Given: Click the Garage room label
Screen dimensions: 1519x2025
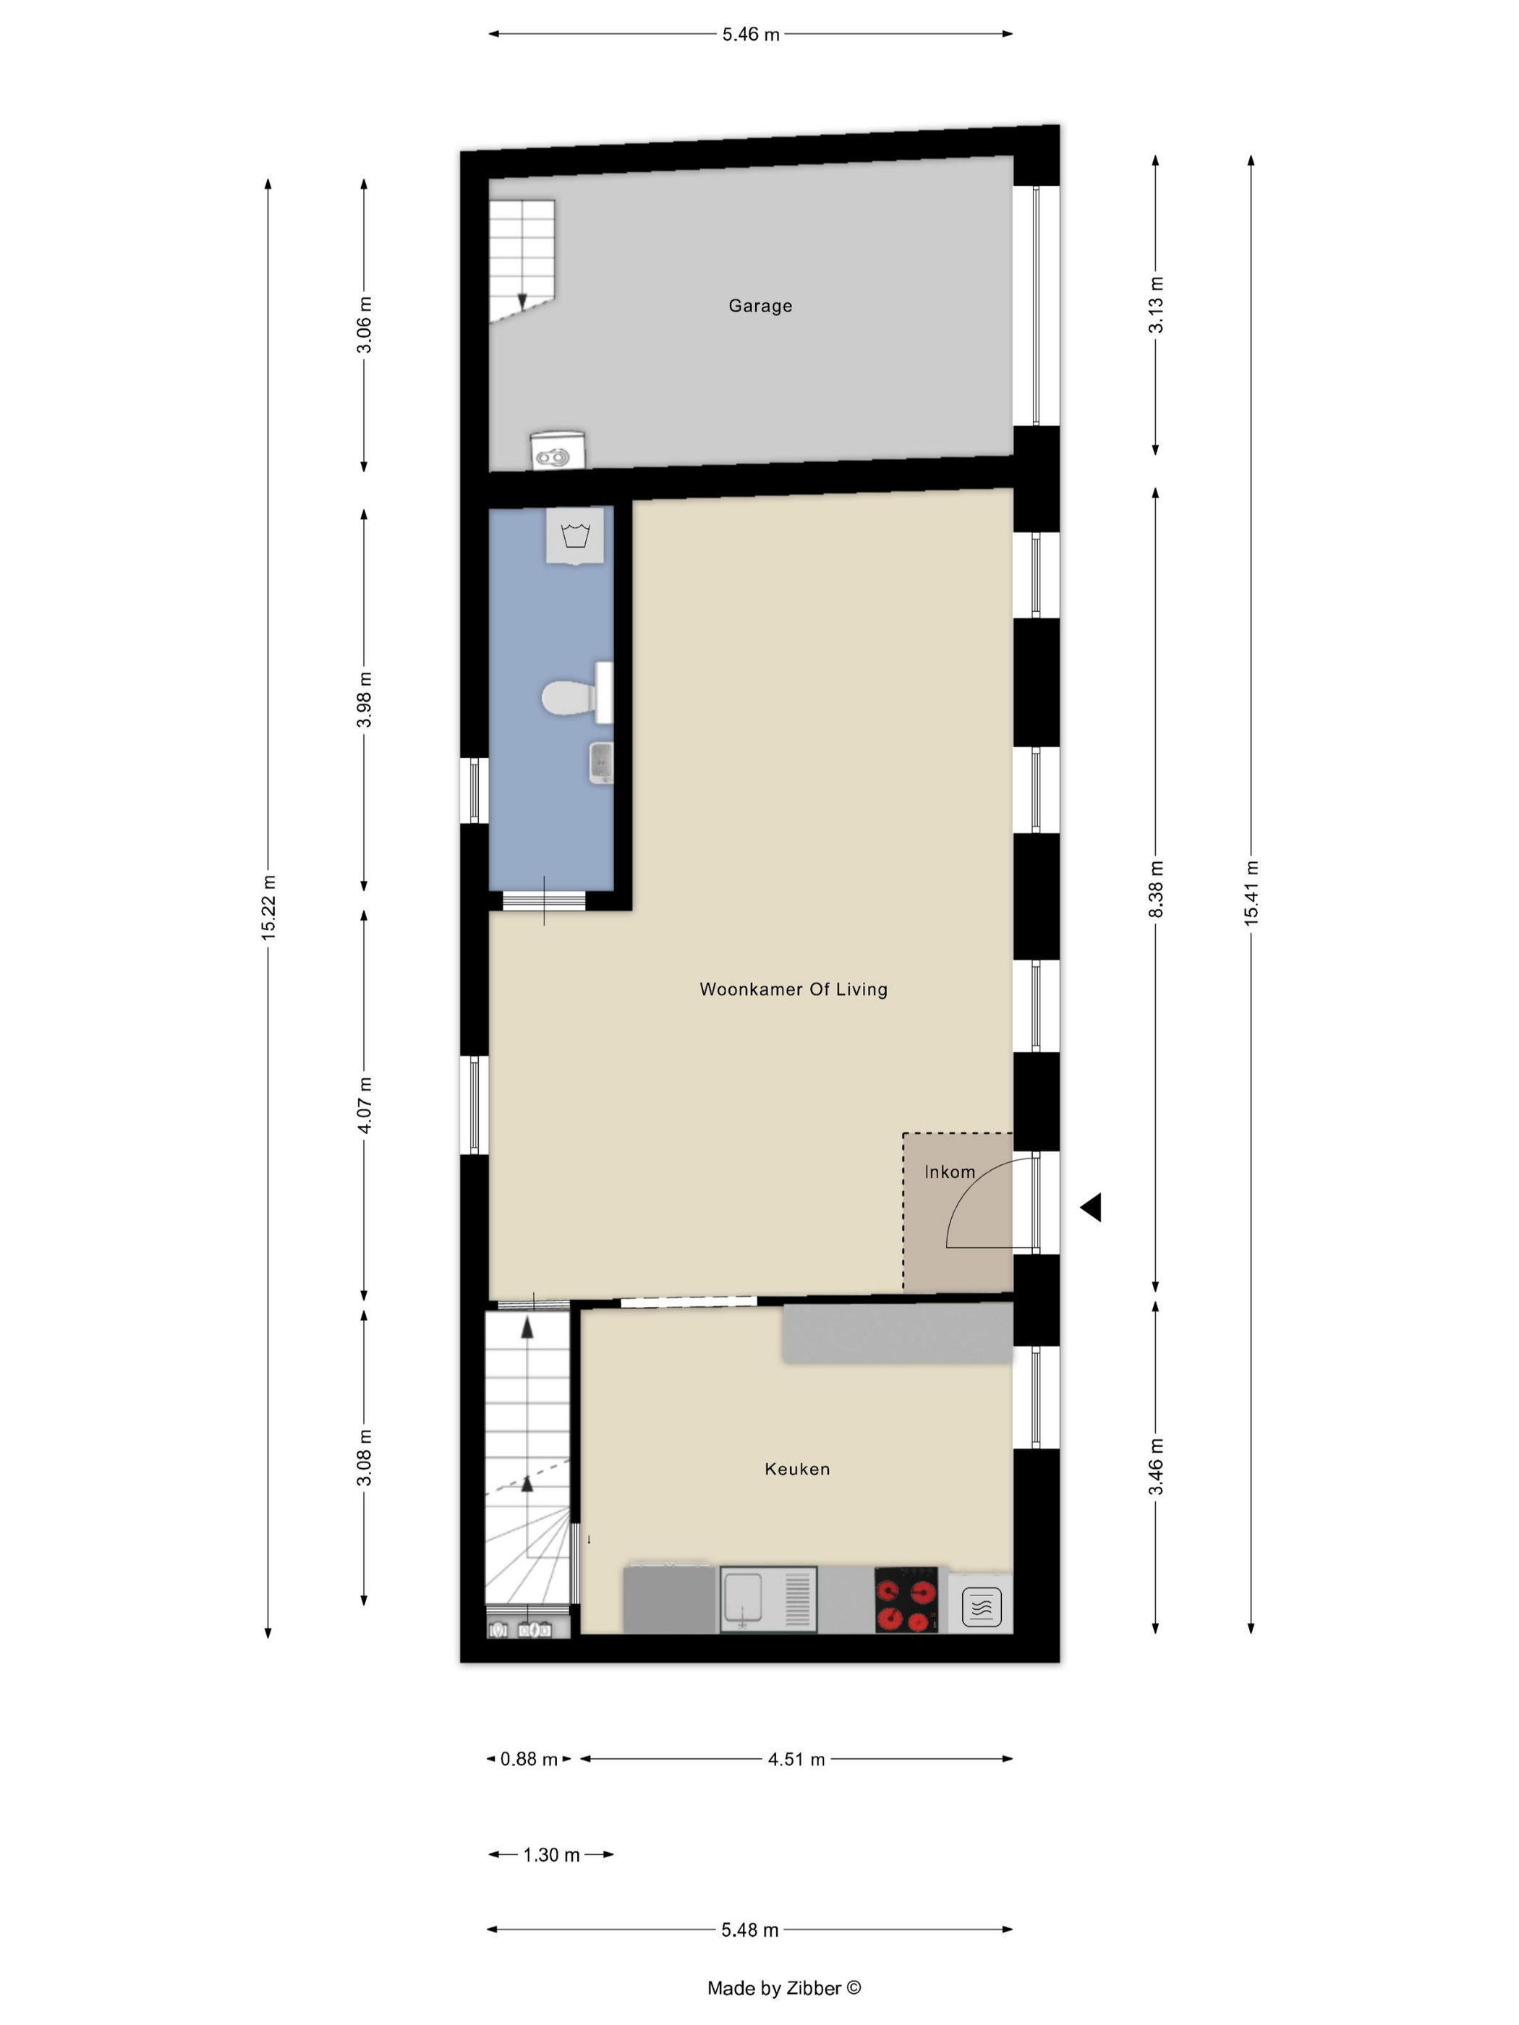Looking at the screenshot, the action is (760, 306).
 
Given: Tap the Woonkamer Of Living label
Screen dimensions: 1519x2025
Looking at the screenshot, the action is (793, 989).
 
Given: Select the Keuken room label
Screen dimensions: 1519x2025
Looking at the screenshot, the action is (796, 1470).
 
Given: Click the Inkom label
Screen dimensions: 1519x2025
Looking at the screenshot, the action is (950, 1172).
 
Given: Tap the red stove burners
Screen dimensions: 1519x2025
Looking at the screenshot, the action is (906, 1599).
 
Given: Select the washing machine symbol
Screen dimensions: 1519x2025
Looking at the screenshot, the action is (575, 536).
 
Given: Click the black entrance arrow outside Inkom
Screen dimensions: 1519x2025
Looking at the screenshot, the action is (1091, 1208).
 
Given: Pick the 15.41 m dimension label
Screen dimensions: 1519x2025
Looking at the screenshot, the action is (1251, 892).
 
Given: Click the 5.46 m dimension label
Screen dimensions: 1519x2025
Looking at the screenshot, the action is (751, 35).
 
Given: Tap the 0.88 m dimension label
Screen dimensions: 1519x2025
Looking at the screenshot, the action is (528, 1759).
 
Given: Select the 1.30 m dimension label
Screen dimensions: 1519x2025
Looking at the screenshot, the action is (551, 1855).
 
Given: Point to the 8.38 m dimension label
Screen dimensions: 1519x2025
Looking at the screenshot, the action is (1155, 888).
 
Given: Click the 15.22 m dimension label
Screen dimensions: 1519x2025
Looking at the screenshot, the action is (268, 907).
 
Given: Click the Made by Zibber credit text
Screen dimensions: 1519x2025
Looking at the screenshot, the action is (784, 1987).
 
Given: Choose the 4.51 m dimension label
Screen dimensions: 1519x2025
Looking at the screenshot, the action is (796, 1759).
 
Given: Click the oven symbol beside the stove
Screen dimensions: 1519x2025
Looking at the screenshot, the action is (981, 1603).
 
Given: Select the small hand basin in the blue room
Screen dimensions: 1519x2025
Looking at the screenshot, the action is (600, 762).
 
